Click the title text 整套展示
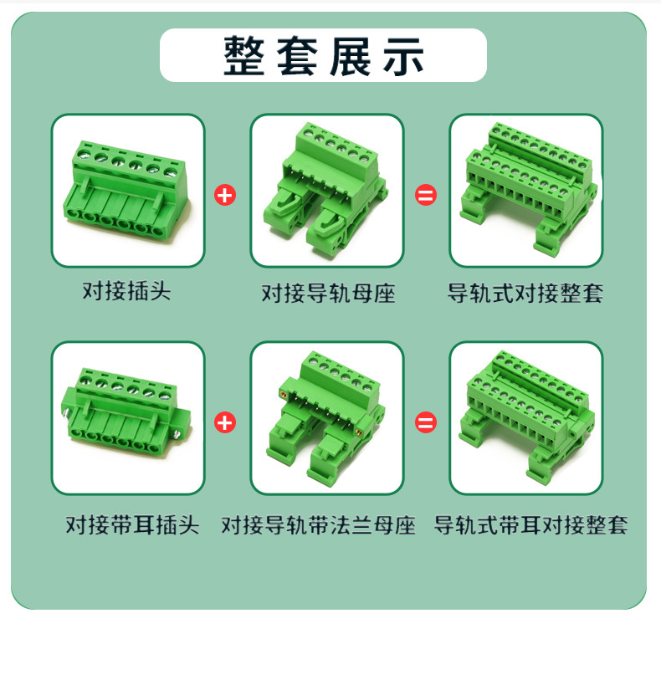324,55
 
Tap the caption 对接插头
127,291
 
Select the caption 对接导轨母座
329,293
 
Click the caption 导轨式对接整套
525,293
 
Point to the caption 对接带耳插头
132,524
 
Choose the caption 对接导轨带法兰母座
319,524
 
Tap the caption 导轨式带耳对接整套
530,524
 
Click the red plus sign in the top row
225,195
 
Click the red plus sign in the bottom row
225,422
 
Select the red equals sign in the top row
426,195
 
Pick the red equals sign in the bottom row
426,422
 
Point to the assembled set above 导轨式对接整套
529,189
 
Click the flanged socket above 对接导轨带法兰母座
325,418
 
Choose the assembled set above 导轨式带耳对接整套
526,416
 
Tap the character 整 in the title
244,55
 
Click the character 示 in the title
404,55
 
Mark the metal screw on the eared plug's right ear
177,435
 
